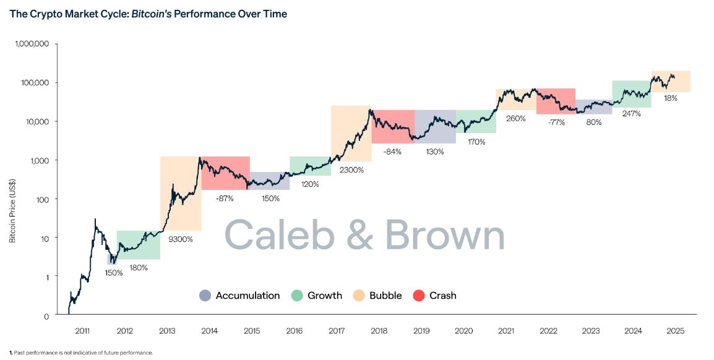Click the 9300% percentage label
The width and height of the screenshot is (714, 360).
[x=181, y=239]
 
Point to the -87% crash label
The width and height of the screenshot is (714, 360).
[x=225, y=199]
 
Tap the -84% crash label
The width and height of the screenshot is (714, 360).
[x=392, y=152]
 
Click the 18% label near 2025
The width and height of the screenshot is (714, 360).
[x=671, y=98]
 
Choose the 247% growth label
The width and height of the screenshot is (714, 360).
[x=631, y=114]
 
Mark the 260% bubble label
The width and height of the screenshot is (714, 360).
[x=515, y=118]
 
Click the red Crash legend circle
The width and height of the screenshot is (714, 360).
[x=419, y=296]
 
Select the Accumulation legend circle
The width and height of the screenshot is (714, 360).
[x=205, y=296]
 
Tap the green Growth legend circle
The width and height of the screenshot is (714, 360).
[x=297, y=296]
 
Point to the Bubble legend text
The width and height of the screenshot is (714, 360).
[x=385, y=296]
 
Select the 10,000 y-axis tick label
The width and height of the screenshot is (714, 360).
[x=35, y=121]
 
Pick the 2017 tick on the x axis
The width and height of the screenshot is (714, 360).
[x=336, y=332]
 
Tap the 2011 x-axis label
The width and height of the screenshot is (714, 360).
[x=82, y=332]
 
